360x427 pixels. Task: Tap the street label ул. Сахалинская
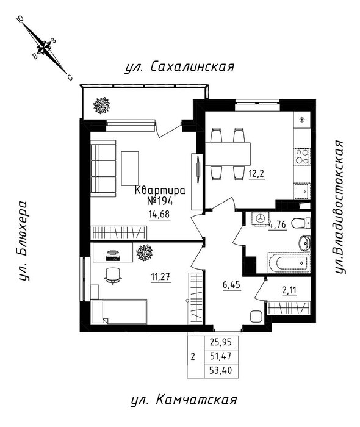[x=179, y=66]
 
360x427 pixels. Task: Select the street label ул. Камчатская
[x=184, y=400]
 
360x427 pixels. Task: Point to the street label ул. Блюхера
[x=23, y=241]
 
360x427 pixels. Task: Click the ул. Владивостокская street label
[x=340, y=207]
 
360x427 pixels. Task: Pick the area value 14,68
[x=159, y=214]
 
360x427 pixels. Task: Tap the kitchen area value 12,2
[x=257, y=173]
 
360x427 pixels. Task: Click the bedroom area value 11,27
[x=160, y=277]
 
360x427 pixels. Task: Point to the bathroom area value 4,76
[x=277, y=225]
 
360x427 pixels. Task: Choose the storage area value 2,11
[x=289, y=291]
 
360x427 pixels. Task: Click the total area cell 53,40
[x=221, y=370]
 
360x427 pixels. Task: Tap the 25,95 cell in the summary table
[x=221, y=342]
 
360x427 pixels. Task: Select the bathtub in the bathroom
[x=289, y=263]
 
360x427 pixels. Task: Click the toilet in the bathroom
[x=301, y=223]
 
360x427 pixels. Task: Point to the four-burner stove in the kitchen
[x=303, y=157]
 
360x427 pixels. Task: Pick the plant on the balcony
[x=101, y=106]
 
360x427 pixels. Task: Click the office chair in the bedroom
[x=113, y=276]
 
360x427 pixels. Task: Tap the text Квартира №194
[x=160, y=196]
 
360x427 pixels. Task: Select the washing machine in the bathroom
[x=261, y=218]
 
